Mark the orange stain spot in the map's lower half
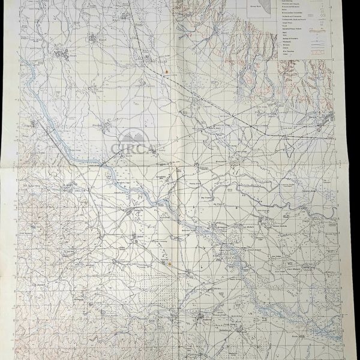point(170,261)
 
